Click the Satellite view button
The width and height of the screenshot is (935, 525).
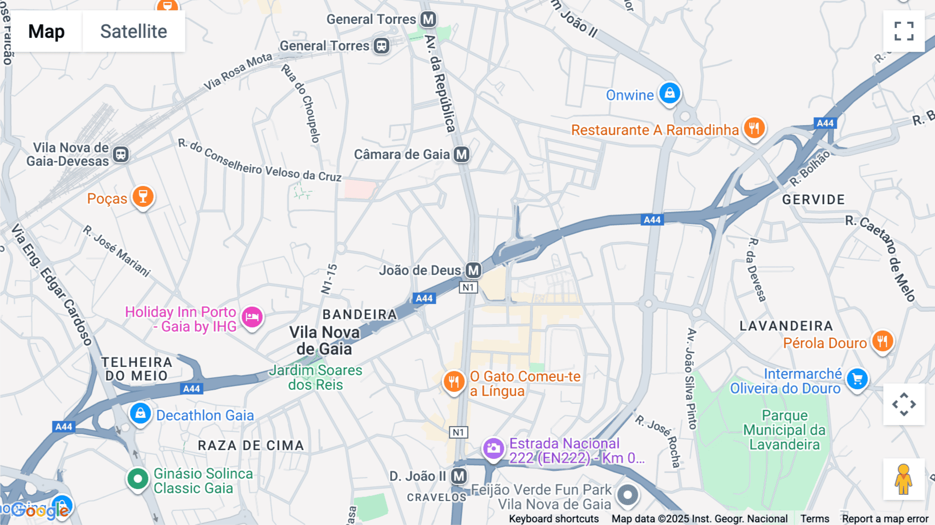(x=133, y=31)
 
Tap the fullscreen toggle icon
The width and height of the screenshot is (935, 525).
(x=904, y=31)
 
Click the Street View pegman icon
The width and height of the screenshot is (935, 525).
(x=904, y=479)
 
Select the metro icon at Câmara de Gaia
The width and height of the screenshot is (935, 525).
(x=461, y=154)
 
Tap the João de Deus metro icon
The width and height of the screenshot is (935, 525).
(x=473, y=270)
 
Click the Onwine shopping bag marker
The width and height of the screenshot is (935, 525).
(x=670, y=94)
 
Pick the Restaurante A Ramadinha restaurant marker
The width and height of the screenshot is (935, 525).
(x=754, y=127)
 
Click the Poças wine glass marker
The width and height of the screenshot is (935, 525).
(x=143, y=197)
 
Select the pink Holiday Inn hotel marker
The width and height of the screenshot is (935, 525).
(x=252, y=317)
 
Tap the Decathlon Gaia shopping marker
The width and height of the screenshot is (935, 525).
(x=140, y=414)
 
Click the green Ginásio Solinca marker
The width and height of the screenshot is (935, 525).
(x=138, y=479)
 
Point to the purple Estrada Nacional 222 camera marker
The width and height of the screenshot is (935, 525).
(x=493, y=448)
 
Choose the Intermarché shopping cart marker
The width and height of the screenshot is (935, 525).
(x=857, y=379)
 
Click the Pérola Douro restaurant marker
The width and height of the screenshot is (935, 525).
(x=882, y=342)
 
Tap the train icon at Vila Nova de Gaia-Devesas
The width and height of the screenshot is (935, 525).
(x=121, y=154)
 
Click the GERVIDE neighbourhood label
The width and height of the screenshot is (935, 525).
(x=813, y=200)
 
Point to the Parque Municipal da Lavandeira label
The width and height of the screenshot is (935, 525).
(x=784, y=430)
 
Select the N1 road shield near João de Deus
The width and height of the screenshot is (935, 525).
(x=468, y=287)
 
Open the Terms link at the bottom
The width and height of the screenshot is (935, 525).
(x=814, y=519)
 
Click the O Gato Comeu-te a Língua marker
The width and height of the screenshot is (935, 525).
(x=453, y=382)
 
